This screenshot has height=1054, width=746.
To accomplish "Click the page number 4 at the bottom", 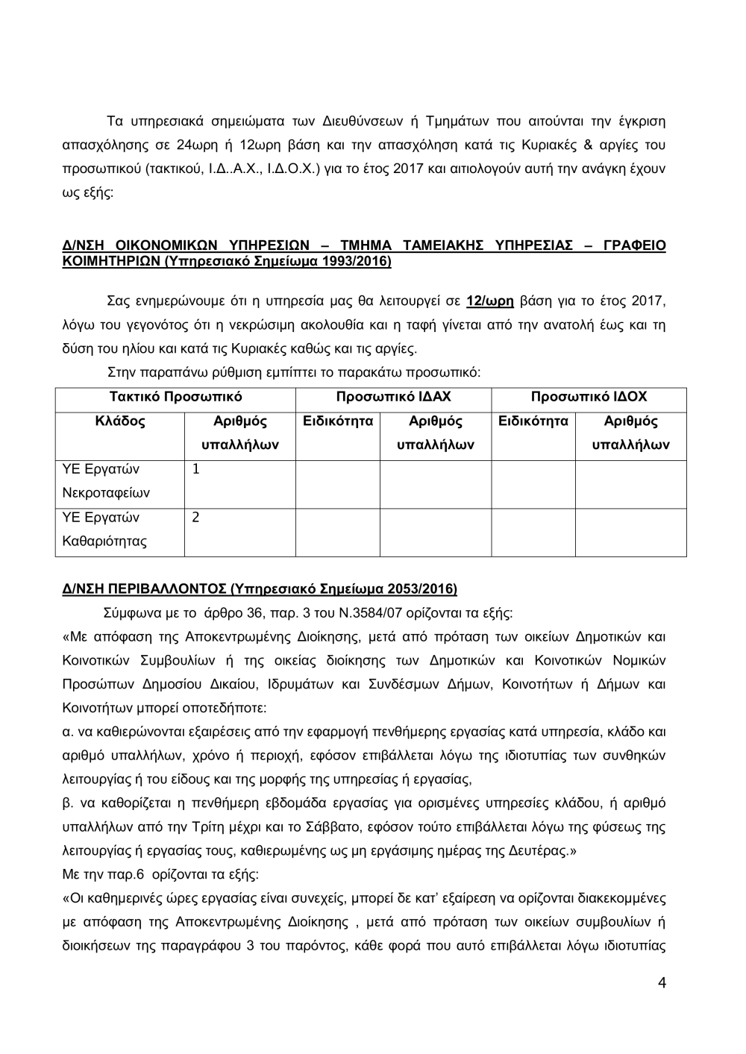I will click(662, 982).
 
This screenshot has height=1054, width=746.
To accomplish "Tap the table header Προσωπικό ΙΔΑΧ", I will click(393, 397).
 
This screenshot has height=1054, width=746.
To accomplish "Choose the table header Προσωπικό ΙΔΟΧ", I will click(589, 397).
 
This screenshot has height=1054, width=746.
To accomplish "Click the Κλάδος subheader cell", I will click(120, 421).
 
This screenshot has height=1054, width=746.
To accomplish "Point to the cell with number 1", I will click(196, 469).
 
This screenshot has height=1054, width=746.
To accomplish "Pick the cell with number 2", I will click(196, 517).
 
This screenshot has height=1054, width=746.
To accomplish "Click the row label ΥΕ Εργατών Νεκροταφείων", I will click(105, 481).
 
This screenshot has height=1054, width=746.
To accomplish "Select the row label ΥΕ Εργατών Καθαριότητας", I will click(104, 529).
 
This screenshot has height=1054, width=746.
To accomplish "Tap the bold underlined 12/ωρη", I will click(490, 301).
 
